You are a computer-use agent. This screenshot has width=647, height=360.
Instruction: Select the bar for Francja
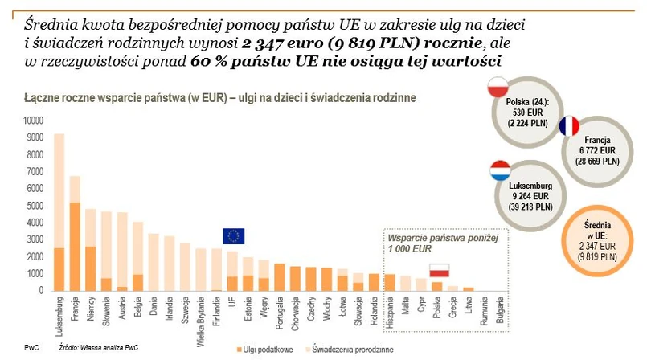coord(76,233)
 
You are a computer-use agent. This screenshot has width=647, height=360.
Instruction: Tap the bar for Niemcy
coord(92,250)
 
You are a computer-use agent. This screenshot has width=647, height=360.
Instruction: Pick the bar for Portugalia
coord(280,276)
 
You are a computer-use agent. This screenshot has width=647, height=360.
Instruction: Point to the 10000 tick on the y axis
coord(35,119)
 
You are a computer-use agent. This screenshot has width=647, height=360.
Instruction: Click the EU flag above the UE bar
coord(234,235)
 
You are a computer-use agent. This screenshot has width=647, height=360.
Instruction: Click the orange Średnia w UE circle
coord(600,241)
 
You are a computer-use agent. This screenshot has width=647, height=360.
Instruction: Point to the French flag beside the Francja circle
coord(568,127)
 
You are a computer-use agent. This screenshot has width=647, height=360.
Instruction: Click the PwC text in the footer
coord(31,348)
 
